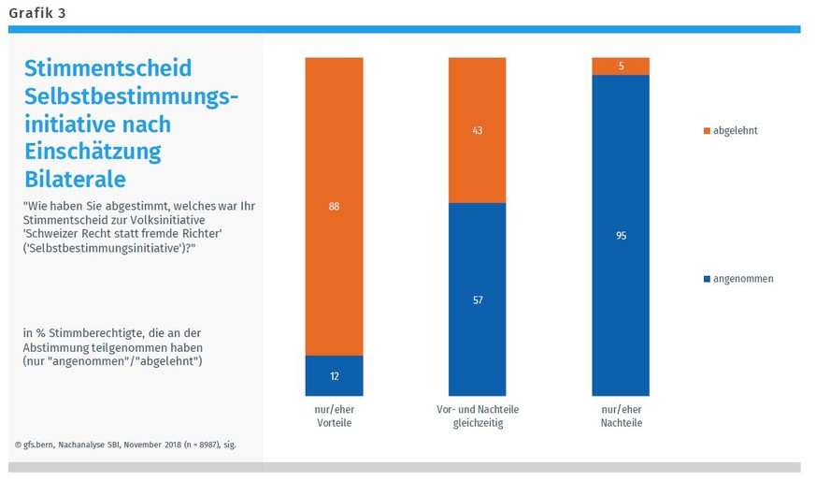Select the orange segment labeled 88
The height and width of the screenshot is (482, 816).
pyautogui.click(x=334, y=206)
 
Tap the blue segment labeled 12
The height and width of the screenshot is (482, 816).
pyautogui.click(x=334, y=375)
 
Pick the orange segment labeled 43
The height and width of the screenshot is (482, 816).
pyautogui.click(x=477, y=130)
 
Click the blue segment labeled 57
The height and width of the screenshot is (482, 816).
pyautogui.click(x=477, y=299)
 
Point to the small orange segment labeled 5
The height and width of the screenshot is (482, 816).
pyautogui.click(x=620, y=66)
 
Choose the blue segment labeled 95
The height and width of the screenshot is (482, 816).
pyautogui.click(x=620, y=235)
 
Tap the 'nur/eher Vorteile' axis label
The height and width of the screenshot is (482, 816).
pyautogui.click(x=334, y=416)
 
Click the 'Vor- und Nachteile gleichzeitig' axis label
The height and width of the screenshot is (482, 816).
pyautogui.click(x=477, y=416)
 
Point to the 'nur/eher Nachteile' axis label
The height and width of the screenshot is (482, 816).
pyautogui.click(x=620, y=416)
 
